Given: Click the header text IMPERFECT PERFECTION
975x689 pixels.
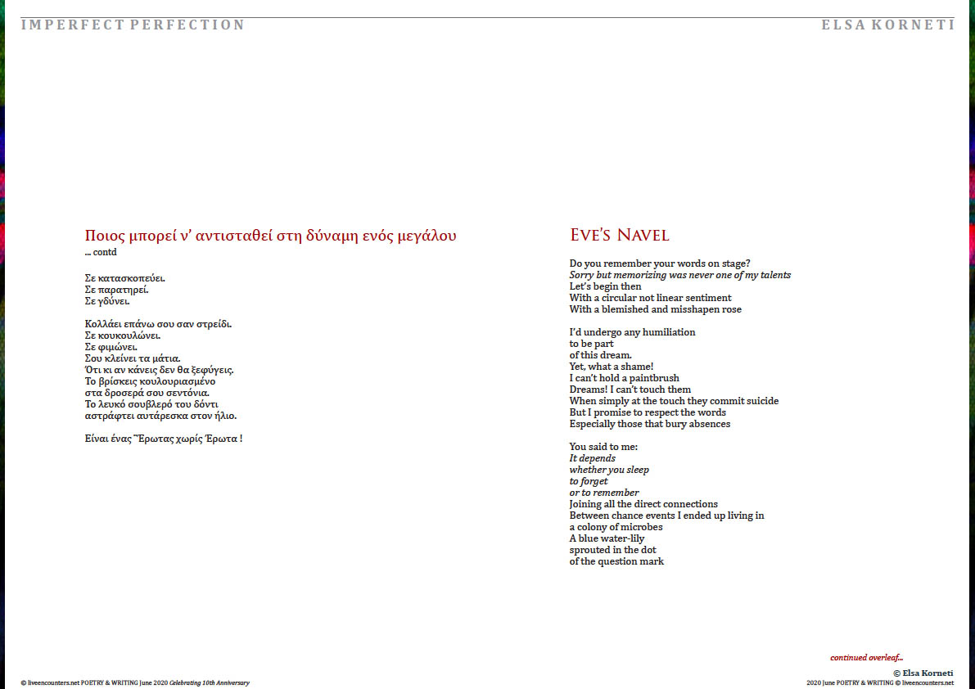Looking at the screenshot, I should tap(133, 25).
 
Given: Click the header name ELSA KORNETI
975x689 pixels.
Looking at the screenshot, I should tap(887, 25).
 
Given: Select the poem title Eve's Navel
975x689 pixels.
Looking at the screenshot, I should tap(619, 236).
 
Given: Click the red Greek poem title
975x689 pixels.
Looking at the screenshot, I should tap(270, 236).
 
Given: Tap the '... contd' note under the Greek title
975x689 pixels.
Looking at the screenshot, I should tap(101, 252).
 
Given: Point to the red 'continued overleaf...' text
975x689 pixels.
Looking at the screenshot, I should tap(866, 657).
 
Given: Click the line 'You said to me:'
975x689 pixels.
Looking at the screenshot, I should tap(603, 447).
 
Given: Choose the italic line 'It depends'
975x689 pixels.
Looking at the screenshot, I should tap(592, 458).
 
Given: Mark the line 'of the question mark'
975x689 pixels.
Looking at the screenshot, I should tap(616, 561).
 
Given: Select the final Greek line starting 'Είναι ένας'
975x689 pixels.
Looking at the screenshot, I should tap(164, 439).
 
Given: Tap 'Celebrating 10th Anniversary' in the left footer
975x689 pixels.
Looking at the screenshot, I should tap(209, 682).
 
